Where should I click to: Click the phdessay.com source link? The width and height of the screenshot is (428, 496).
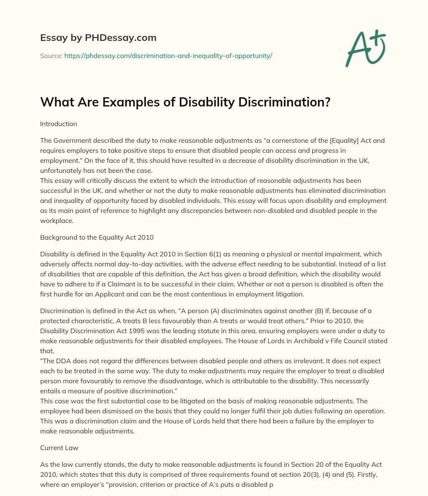click(168, 56)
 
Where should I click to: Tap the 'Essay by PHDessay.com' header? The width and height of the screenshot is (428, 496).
click(98, 38)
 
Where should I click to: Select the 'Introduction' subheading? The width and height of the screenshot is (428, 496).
click(59, 124)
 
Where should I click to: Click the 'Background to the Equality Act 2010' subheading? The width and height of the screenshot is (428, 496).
click(97, 238)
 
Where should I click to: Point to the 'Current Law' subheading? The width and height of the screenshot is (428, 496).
click(59, 448)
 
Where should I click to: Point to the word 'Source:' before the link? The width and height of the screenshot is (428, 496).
click(51, 56)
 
